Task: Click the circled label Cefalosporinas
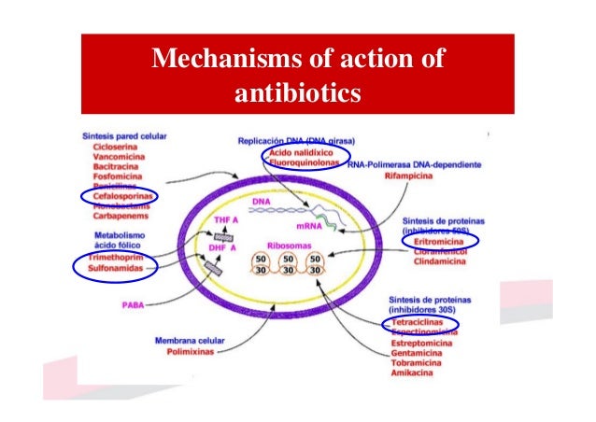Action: (x=119, y=196)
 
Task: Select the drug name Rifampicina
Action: (x=415, y=175)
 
